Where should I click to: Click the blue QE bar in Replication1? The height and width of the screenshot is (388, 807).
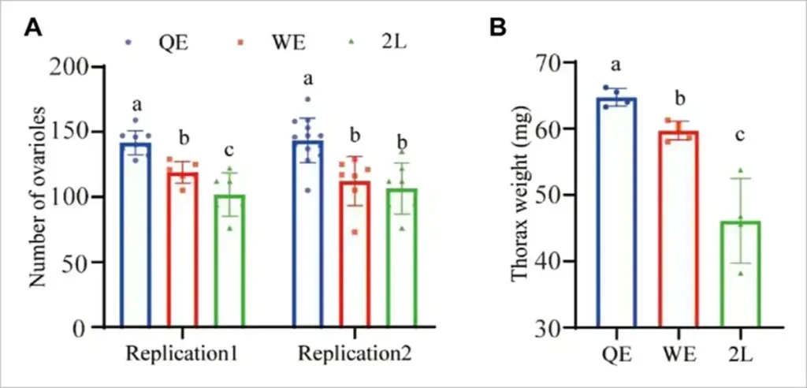(x=136, y=237)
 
